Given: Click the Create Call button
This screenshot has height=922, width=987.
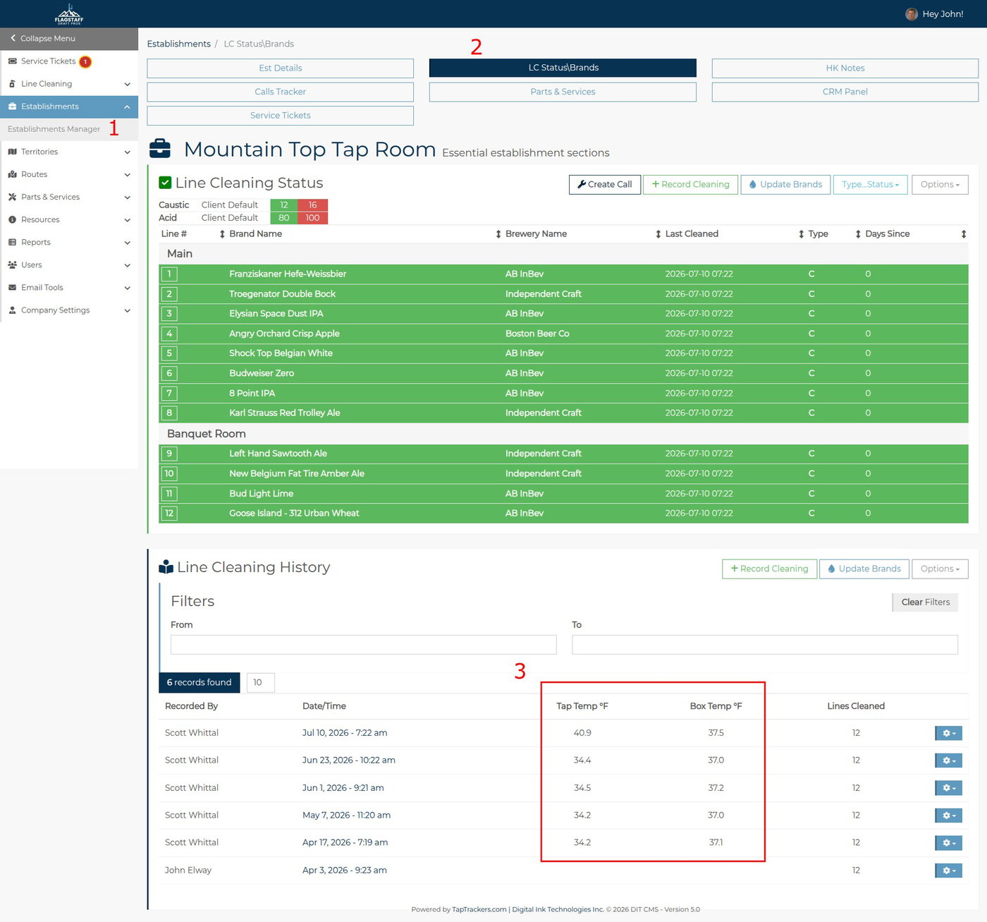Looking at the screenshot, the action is point(604,185).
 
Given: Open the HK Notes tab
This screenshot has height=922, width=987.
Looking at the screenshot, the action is point(845,68).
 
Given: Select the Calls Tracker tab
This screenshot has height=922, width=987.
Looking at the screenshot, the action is point(281,92).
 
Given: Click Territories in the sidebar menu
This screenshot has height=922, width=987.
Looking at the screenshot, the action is point(39,152).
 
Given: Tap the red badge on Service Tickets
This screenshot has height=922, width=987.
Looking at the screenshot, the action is point(85,61).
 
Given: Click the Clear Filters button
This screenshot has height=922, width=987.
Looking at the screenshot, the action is point(925,602).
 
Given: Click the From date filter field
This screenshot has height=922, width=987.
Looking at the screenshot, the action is point(363,645).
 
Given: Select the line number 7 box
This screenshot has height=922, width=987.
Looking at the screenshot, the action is point(169,393).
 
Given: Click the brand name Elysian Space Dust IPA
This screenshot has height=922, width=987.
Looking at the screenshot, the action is point(276,313).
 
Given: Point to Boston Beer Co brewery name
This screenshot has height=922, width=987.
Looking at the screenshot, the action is point(537,333).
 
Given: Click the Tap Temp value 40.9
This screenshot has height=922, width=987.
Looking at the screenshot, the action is point(582,732).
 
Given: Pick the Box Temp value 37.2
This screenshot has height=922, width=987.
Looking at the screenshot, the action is point(716,788).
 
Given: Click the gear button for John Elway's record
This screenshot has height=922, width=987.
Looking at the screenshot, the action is point(948,871).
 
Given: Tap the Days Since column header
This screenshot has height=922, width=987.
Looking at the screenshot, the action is point(887,233).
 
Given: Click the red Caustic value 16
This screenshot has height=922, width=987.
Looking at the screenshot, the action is point(312,205).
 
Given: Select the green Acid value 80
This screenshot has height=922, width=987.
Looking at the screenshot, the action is point(284,218).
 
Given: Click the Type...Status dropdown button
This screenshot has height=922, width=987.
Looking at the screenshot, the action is point(870,185).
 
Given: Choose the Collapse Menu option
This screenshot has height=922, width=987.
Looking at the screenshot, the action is point(47,38).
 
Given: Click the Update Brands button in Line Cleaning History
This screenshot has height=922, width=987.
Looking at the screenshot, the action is point(864,569).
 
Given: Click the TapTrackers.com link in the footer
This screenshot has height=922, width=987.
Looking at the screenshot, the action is point(479,909).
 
